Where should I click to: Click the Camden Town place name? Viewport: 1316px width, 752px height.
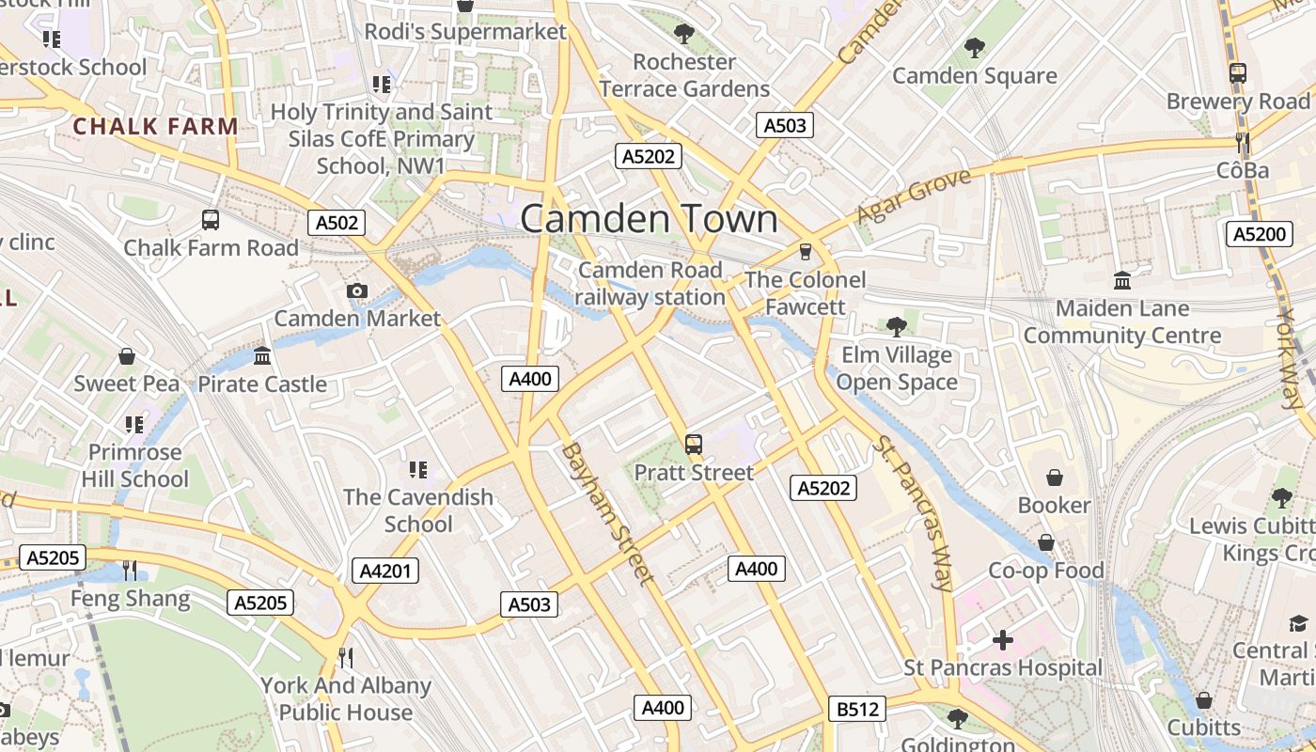[649, 219]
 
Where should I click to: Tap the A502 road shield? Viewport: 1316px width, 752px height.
[337, 223]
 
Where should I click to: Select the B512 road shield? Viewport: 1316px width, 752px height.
[857, 709]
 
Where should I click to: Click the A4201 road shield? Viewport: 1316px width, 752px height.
[385, 571]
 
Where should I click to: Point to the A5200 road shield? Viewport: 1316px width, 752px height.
[1259, 234]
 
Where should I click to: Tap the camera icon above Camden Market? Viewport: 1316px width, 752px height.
[356, 291]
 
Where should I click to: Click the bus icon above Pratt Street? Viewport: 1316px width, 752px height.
[694, 445]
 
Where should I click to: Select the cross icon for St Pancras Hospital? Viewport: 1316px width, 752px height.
[1002, 641]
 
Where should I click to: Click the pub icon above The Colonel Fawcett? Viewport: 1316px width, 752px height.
[805, 252]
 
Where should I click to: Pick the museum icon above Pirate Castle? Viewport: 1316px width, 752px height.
[262, 356]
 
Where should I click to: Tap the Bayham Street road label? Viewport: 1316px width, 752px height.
[606, 513]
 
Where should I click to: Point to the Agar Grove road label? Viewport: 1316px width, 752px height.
[913, 196]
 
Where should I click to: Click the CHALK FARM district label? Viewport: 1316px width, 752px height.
[155, 126]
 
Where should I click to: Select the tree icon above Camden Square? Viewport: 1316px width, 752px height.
[975, 47]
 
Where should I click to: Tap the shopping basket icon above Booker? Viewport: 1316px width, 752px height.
[1055, 478]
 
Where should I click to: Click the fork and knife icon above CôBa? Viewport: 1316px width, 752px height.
[1243, 143]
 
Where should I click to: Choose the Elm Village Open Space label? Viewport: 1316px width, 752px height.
[897, 368]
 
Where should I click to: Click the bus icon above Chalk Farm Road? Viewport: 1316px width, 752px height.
[211, 220]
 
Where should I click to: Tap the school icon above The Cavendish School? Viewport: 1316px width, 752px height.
[418, 469]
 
